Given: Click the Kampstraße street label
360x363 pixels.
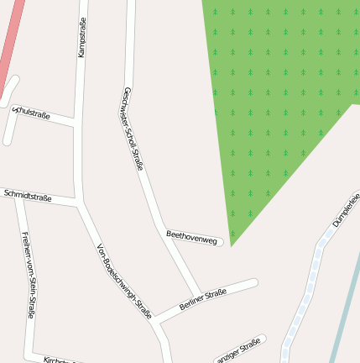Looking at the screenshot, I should coord(82,39).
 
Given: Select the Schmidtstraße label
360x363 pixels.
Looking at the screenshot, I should coord(28,197).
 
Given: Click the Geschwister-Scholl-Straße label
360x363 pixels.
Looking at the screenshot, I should coord(133,128).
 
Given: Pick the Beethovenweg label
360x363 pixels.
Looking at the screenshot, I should coord(192,237).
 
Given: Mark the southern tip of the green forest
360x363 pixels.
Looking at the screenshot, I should coord(232,245).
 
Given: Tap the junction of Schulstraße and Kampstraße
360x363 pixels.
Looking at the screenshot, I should coord(77,124).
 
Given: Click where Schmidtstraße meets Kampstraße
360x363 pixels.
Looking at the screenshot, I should coord(80,203).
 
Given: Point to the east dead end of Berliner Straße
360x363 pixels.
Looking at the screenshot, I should coord(254,283).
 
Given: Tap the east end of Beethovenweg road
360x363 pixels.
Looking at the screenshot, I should coord(220,244).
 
